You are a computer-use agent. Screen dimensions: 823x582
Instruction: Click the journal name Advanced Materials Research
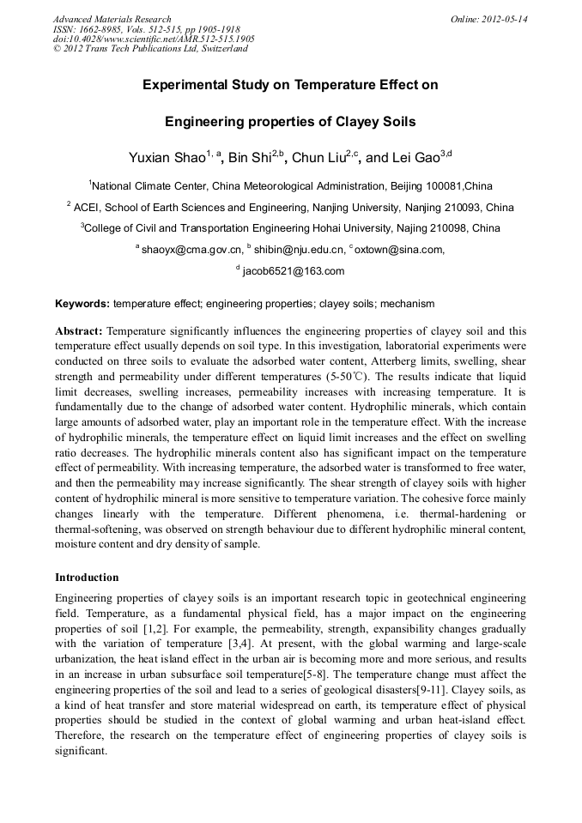(x=112, y=19)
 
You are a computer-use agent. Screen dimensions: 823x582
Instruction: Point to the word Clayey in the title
(x=350, y=122)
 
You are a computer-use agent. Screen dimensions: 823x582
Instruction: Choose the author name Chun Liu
(x=318, y=158)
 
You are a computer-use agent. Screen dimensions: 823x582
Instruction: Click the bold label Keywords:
(x=82, y=304)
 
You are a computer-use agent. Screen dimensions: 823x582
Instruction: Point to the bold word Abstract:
(x=79, y=330)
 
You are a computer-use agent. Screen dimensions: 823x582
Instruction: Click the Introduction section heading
(x=87, y=577)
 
